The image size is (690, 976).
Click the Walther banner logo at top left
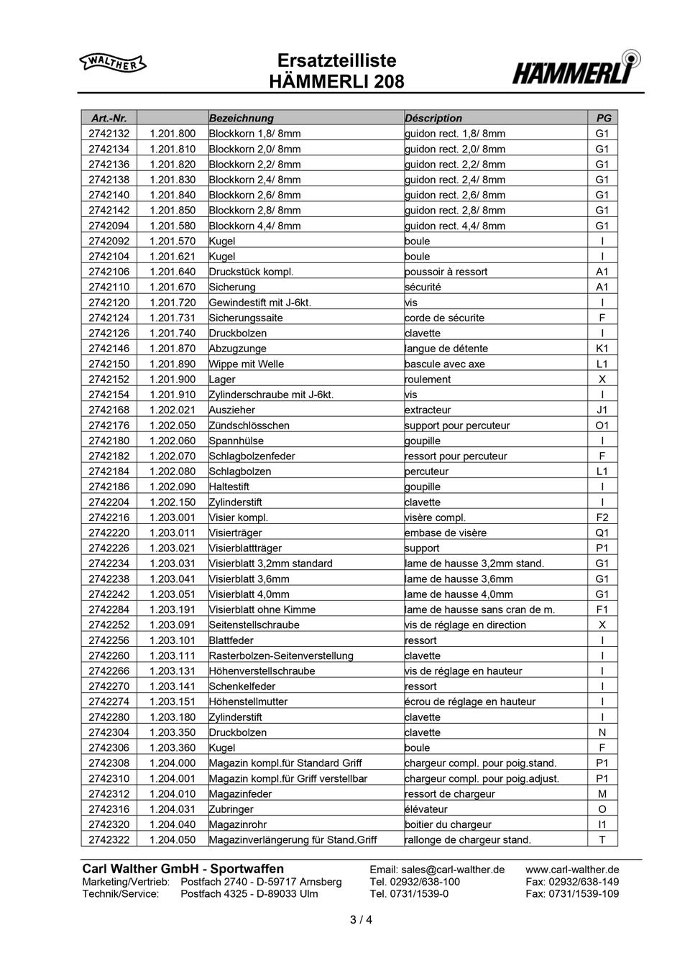point(113,64)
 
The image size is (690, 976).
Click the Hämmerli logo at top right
point(576,69)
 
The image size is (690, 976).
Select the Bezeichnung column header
point(241,118)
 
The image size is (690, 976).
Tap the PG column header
point(603,118)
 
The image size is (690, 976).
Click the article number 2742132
point(109,134)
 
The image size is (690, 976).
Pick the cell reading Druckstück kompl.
point(252,272)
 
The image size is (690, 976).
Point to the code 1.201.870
point(172,349)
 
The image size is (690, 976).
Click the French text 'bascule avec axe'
point(445,364)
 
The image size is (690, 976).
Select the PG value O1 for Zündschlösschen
point(602,425)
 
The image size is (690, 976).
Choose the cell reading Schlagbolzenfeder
point(252,456)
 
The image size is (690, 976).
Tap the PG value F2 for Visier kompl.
point(602,517)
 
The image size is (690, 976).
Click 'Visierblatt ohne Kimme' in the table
point(262,609)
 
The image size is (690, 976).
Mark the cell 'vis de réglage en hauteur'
point(464,671)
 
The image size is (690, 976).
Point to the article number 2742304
point(109,732)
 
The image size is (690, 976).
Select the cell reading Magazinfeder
point(241,794)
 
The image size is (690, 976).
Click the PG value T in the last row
point(602,840)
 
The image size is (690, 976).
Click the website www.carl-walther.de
point(572,870)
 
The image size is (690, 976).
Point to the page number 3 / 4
point(361,919)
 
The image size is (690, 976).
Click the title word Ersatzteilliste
point(336,60)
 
